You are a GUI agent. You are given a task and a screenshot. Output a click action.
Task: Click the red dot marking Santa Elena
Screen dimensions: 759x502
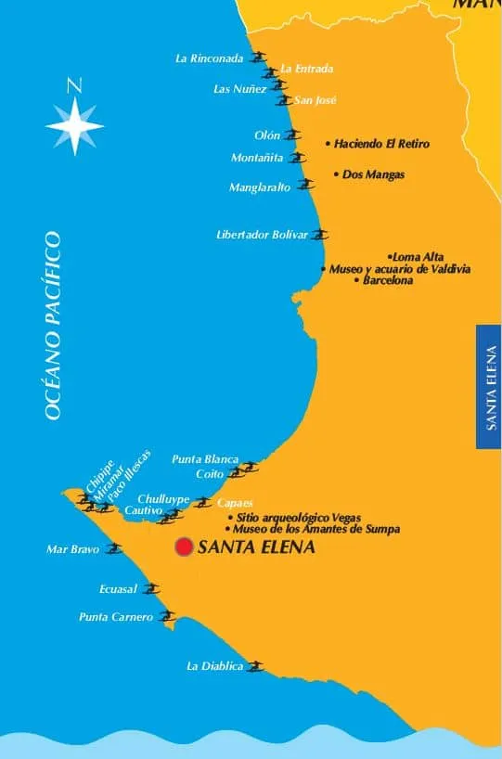click(x=184, y=547)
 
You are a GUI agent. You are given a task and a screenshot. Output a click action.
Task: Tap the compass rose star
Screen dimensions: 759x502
click(x=74, y=124)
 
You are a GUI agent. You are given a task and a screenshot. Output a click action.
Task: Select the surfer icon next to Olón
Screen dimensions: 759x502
click(x=293, y=135)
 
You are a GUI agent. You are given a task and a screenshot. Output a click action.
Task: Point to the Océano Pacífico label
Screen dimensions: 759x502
click(x=53, y=326)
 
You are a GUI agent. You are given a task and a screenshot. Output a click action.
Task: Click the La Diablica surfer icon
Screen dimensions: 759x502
click(x=255, y=665)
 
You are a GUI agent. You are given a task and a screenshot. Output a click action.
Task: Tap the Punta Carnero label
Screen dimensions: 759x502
click(x=116, y=616)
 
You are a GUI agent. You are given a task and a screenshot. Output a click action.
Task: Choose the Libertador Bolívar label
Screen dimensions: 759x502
click(x=262, y=235)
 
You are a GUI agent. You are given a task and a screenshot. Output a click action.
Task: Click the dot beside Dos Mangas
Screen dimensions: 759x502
click(x=336, y=174)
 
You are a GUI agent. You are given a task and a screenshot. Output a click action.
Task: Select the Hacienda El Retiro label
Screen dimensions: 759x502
click(x=382, y=144)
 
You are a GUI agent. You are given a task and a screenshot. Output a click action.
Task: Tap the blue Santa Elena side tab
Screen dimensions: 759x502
click(x=489, y=386)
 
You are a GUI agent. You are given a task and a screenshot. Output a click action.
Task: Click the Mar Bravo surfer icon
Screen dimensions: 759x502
click(x=114, y=548)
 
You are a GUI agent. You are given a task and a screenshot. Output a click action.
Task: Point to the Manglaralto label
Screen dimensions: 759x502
click(x=260, y=187)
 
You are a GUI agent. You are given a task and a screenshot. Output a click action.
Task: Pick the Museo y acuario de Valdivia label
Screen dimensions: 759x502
click(x=400, y=269)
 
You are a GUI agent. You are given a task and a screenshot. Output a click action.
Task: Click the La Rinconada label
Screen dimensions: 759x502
click(x=210, y=58)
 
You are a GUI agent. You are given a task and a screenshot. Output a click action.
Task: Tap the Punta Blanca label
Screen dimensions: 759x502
click(x=205, y=459)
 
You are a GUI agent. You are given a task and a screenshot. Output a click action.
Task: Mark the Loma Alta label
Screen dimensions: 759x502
click(x=418, y=257)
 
